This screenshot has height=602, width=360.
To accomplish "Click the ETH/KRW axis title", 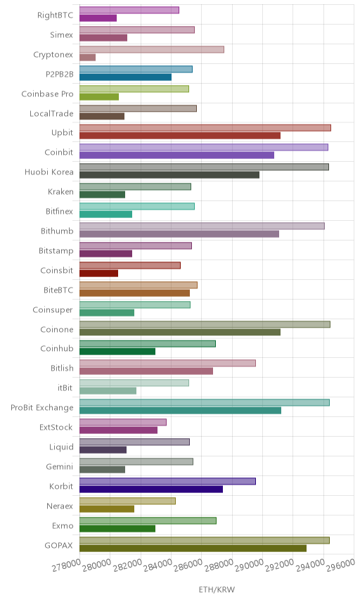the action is tap(217, 589).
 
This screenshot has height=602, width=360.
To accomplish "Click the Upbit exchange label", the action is tap(62, 132).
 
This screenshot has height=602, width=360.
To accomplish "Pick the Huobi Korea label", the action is tap(49, 172).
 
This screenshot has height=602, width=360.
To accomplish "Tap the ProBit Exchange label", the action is tap(41, 407).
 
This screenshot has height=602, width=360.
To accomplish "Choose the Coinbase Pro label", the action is tap(47, 94).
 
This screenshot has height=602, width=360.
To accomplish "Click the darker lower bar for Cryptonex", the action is tap(87, 58).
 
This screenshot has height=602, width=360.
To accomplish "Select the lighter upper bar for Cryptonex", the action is tap(152, 49).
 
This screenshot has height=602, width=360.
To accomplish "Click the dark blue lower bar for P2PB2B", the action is tap(125, 77).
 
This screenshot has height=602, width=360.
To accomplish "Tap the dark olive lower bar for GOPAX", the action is tap(193, 549).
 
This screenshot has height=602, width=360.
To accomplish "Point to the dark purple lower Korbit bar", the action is tap(151, 489).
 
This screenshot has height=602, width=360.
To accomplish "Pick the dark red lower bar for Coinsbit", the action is tap(99, 274).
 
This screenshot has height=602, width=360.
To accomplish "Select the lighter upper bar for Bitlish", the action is tap(168, 363).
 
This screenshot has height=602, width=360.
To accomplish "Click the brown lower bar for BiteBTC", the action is tap(135, 293).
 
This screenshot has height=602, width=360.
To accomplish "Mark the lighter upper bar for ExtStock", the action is tap(123, 423).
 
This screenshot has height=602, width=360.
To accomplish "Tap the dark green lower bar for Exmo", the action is tap(117, 529).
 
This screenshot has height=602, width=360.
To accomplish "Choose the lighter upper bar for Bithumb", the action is tap(202, 226).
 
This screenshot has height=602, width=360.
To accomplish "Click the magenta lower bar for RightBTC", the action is tap(98, 18).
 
